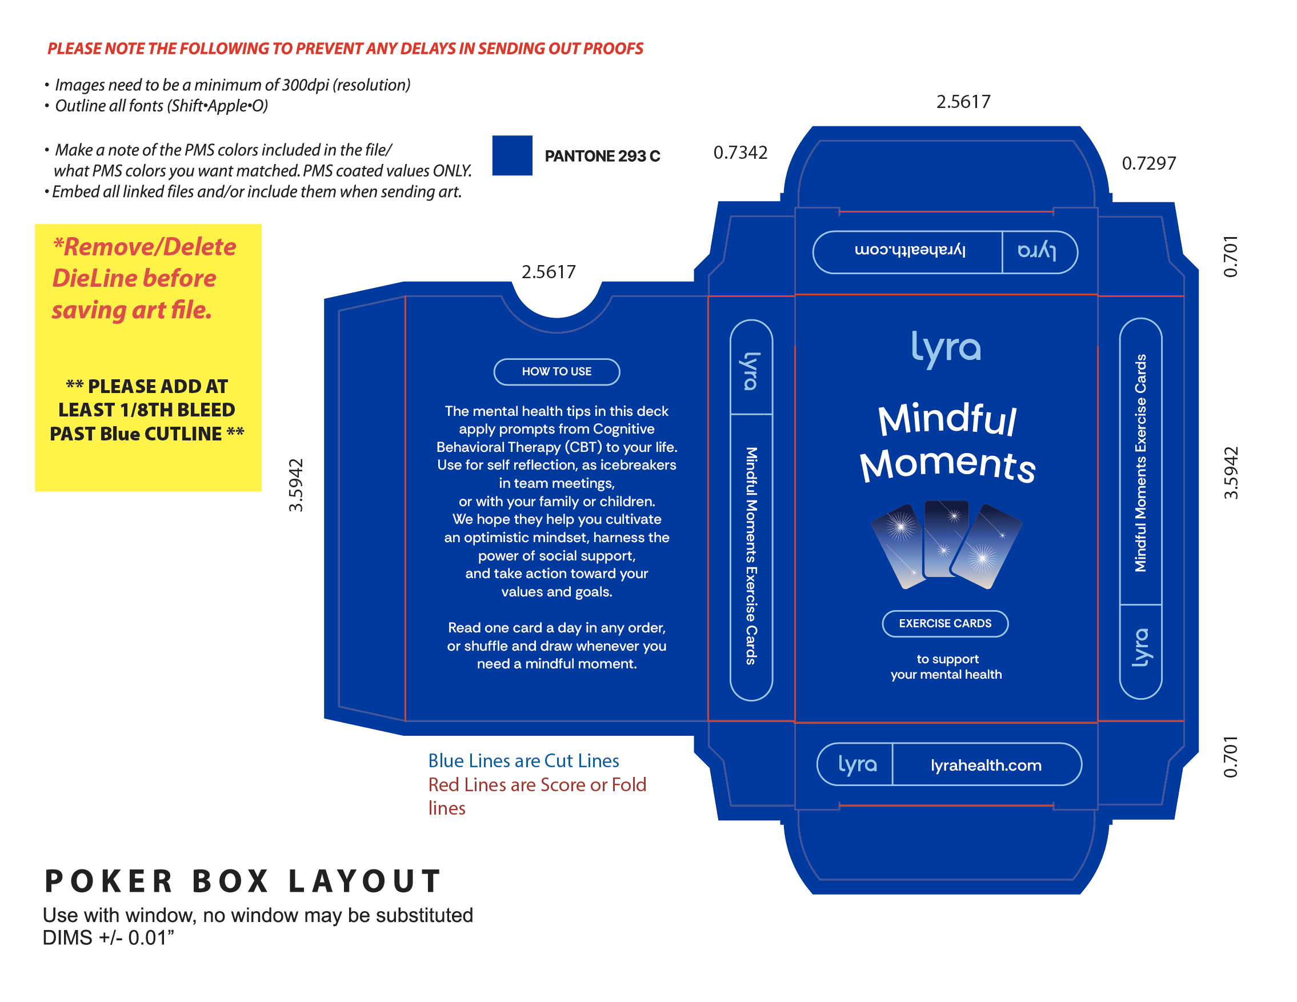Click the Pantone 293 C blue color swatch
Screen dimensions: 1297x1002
512,155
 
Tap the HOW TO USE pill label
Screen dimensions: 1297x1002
557,371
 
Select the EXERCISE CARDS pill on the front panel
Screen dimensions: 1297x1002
945,623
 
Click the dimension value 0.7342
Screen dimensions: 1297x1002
740,153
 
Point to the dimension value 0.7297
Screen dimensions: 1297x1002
1148,163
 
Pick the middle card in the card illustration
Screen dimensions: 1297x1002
946,538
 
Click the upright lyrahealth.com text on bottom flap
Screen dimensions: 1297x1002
986,765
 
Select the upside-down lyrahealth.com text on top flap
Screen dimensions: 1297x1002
910,250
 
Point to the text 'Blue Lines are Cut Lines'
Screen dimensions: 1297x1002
523,760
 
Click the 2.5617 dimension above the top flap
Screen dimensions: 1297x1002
963,102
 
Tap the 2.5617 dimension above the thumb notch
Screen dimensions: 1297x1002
548,272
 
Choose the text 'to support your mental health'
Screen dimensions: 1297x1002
946,667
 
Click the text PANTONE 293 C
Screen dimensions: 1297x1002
602,156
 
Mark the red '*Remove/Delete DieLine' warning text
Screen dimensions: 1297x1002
144,278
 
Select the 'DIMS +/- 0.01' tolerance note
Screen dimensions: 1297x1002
108,938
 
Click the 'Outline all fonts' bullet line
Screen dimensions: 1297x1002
161,106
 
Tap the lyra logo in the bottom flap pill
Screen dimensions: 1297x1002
857,764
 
